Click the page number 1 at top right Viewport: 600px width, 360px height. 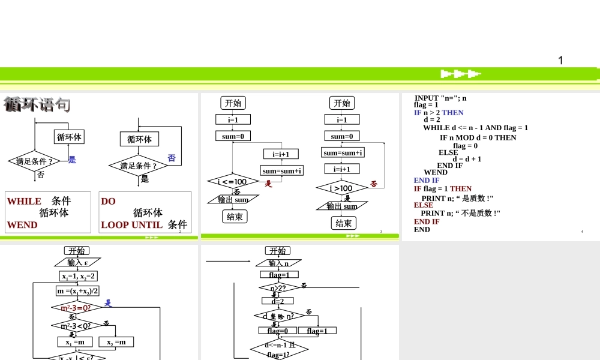[560, 60]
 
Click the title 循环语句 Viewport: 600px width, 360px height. [37, 104]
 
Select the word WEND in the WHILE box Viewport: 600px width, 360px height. [22, 225]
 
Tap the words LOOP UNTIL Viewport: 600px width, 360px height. [131, 225]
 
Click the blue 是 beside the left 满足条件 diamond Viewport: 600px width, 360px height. [72, 160]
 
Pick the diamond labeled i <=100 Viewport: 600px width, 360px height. [232, 182]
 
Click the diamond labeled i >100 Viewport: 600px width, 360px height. [341, 188]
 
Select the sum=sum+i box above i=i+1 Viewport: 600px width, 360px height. [343, 153]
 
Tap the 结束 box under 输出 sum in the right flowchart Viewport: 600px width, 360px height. [343, 223]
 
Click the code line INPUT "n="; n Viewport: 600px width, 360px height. [440, 98]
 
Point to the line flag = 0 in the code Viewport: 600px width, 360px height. [465, 146]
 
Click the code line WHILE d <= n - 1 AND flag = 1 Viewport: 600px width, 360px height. [475, 128]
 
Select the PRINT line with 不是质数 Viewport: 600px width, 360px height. [460, 213]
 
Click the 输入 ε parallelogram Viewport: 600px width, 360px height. [78, 263]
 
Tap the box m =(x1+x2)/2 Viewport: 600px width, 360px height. [78, 291]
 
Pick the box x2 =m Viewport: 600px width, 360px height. [116, 342]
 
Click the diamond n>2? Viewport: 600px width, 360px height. [278, 289]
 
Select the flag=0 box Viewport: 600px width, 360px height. [277, 331]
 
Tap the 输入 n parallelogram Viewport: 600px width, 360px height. [278, 263]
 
